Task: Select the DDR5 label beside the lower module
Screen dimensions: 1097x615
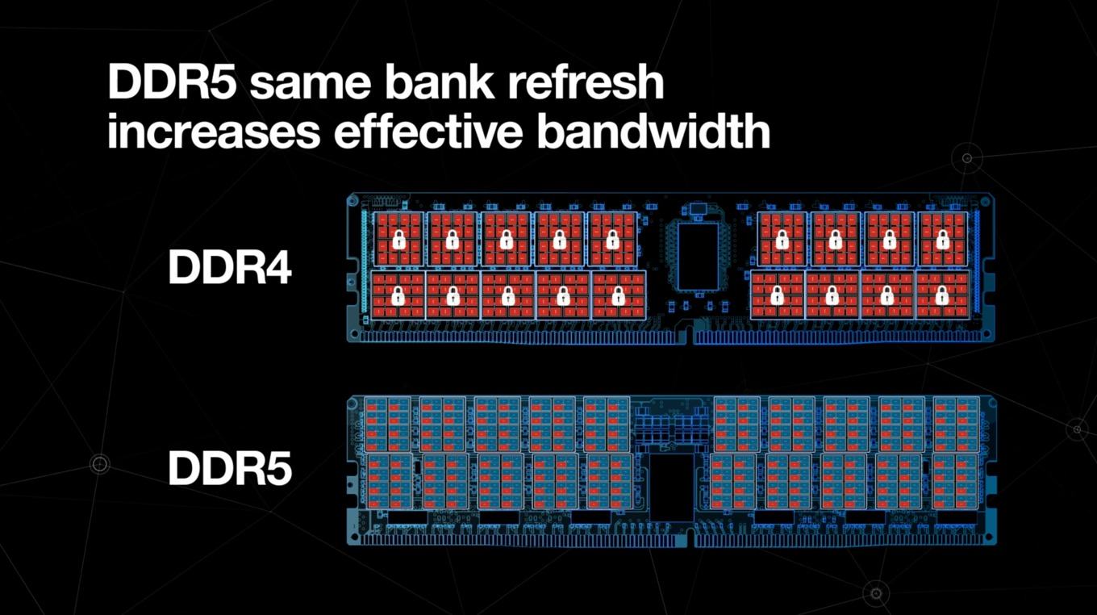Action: pos(230,469)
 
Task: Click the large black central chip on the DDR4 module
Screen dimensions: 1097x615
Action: pos(698,256)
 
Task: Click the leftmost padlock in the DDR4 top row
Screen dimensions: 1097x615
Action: pos(399,240)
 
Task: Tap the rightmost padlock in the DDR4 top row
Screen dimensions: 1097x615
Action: pos(943,240)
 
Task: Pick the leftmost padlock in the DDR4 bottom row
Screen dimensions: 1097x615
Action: pos(398,296)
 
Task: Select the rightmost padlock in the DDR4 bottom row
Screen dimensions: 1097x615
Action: pos(942,296)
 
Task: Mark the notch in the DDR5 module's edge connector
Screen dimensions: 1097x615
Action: pos(690,538)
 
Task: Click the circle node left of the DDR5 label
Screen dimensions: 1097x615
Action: pos(99,463)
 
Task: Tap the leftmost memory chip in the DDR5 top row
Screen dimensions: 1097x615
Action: pos(388,425)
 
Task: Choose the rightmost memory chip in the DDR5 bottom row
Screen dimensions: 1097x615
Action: pos(955,481)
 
